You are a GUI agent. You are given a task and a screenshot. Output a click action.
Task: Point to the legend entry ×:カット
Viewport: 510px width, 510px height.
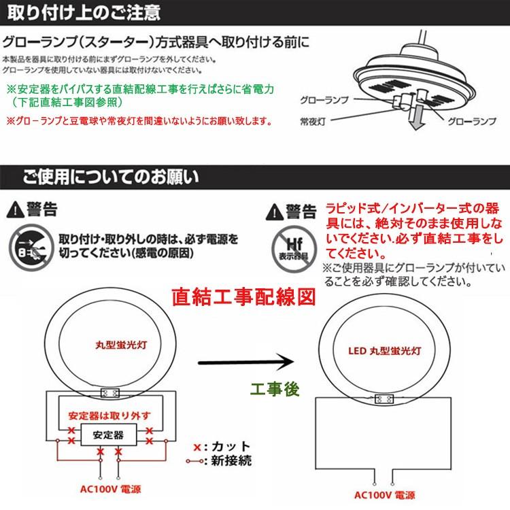coord(221,447)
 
